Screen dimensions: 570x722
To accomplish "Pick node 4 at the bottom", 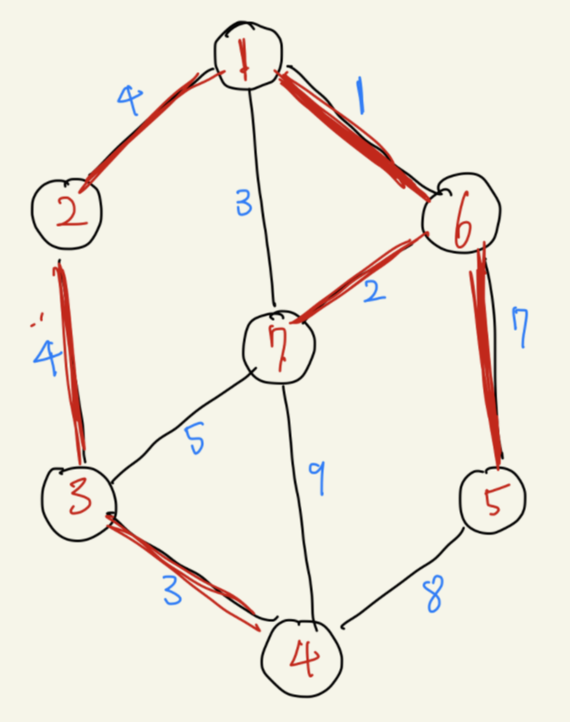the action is click(x=302, y=659).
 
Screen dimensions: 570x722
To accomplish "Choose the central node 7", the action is click(x=278, y=346).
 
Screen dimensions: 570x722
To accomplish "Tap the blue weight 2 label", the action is click(x=375, y=294).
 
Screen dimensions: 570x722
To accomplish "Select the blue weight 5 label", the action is click(x=195, y=439).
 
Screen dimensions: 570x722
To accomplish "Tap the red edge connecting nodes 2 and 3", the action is click(x=70, y=364).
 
